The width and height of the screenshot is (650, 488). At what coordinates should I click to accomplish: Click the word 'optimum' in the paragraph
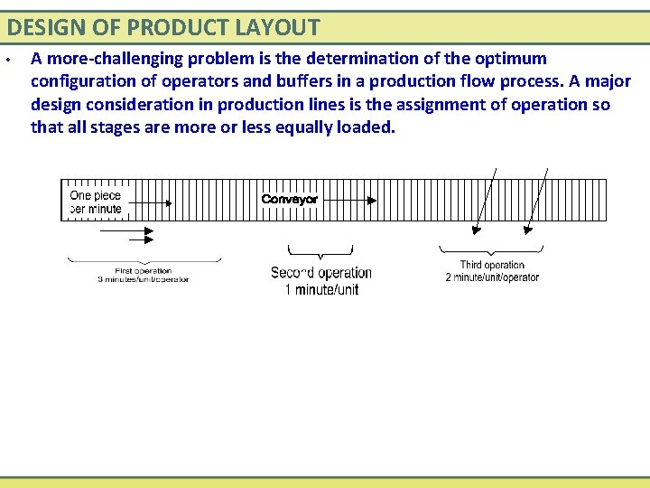(515, 59)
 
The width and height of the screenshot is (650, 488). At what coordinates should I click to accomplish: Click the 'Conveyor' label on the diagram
(289, 199)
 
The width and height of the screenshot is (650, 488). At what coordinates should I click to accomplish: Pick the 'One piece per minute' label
(95, 202)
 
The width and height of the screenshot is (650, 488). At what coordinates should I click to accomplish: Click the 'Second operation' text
(320, 273)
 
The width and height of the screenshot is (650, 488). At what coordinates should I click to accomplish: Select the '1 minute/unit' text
(320, 290)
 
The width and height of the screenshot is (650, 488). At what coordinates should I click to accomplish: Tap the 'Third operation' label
(492, 266)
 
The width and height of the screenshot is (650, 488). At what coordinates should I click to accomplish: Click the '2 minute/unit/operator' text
(492, 277)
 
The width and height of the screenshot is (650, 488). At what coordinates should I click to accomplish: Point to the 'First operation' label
(143, 270)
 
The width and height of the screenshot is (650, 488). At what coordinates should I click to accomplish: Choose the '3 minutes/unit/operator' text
(143, 279)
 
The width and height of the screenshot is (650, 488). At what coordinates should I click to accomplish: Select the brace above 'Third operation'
(492, 250)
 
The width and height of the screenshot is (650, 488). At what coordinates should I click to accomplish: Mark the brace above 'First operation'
(144, 260)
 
